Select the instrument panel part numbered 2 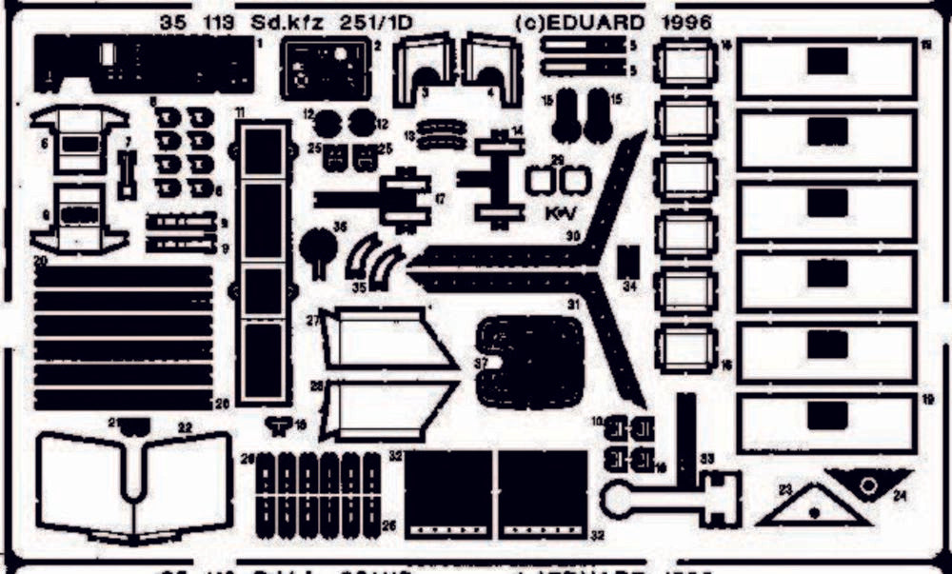click(325, 69)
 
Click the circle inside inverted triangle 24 click(868, 483)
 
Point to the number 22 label click(185, 427)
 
